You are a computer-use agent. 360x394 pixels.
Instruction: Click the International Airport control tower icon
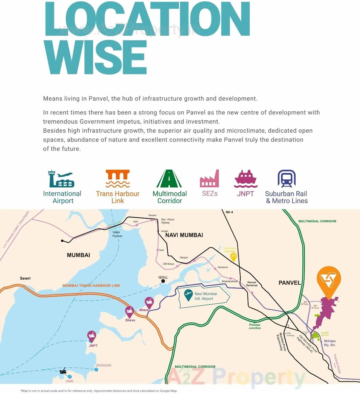click(x=61, y=179)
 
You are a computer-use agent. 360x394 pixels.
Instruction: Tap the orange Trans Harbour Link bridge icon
click(x=118, y=178)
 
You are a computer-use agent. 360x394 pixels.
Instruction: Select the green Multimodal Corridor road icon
click(x=169, y=179)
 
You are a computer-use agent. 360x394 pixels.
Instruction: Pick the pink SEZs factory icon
click(x=209, y=179)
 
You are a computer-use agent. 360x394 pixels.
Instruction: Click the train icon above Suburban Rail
click(x=287, y=179)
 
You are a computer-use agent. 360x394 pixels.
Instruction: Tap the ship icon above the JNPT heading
click(x=246, y=179)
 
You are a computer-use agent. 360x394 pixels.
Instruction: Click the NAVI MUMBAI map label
click(x=184, y=235)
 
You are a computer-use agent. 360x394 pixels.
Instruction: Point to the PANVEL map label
click(x=290, y=283)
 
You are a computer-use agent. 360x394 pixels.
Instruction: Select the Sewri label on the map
click(x=25, y=278)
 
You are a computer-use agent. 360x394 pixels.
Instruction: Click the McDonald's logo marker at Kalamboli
click(x=233, y=256)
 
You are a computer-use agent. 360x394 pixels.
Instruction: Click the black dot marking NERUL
click(x=163, y=281)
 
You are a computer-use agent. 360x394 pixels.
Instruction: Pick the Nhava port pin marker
click(x=149, y=303)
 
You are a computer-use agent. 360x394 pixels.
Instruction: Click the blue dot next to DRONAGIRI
click(x=96, y=370)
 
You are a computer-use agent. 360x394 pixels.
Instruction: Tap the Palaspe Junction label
click(x=255, y=326)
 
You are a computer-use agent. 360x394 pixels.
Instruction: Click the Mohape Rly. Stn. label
click(x=330, y=343)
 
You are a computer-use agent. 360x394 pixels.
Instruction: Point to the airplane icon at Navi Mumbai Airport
click(x=188, y=294)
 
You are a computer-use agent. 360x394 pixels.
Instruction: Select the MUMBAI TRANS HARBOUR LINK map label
click(x=91, y=285)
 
